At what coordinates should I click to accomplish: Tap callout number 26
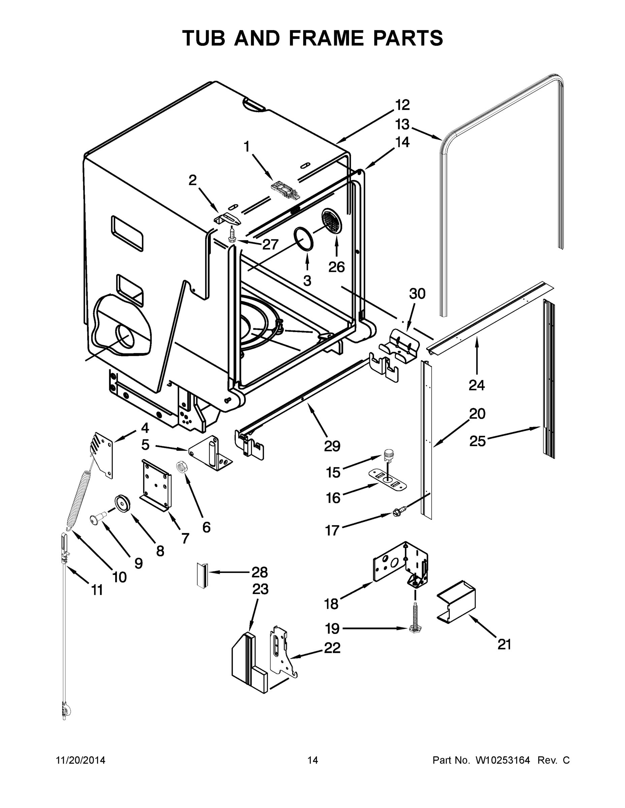click(336, 267)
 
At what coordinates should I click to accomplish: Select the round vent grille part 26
click(332, 221)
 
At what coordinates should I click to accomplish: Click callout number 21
click(504, 644)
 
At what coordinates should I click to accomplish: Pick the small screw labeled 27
click(231, 235)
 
